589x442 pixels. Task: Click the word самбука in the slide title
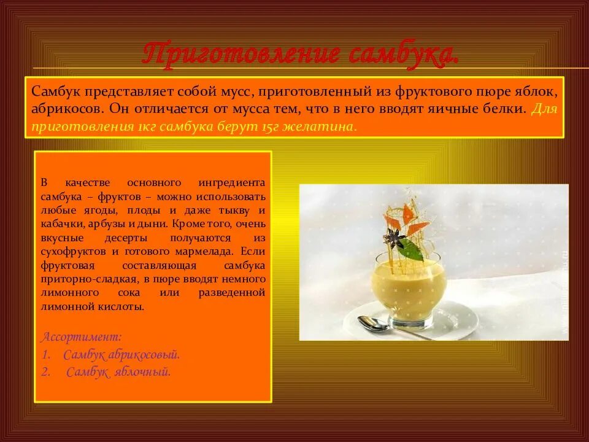click(402, 54)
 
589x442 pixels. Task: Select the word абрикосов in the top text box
click(68, 109)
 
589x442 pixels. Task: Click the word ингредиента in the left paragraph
click(232, 183)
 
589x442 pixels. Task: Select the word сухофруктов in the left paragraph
click(72, 251)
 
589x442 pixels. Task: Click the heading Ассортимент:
click(81, 337)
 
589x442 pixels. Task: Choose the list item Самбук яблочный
click(118, 371)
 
